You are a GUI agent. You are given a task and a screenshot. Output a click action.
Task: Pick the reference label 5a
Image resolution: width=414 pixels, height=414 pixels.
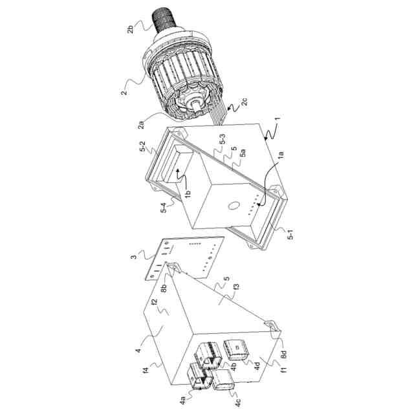241,157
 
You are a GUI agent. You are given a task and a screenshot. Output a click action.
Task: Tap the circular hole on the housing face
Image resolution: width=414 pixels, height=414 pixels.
231,207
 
